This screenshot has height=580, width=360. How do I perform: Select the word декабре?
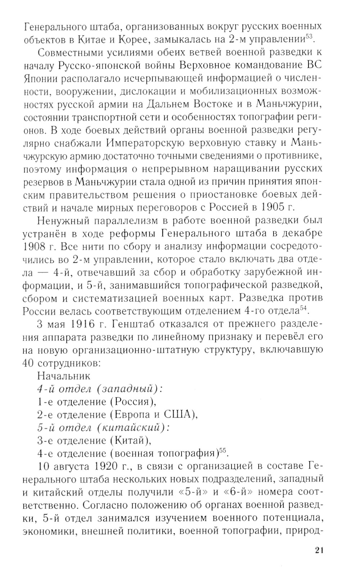pos(301,234)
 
